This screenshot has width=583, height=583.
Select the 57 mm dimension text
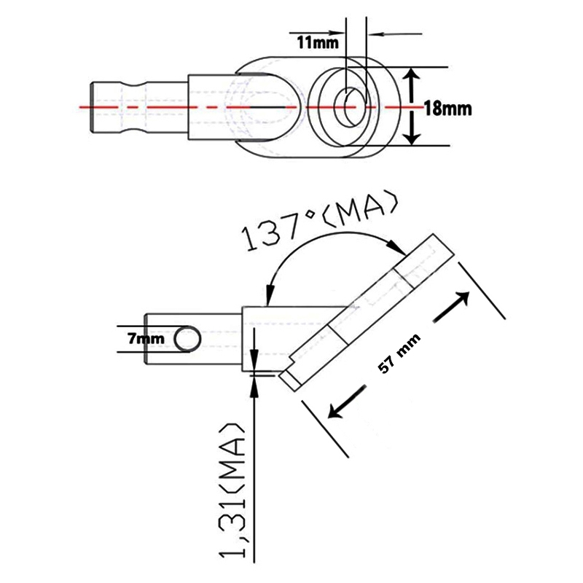pos(400,355)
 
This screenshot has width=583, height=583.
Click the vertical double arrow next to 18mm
pos(412,107)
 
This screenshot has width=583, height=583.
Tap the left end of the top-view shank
pos(93,107)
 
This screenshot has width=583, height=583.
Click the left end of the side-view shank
pos(148,340)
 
